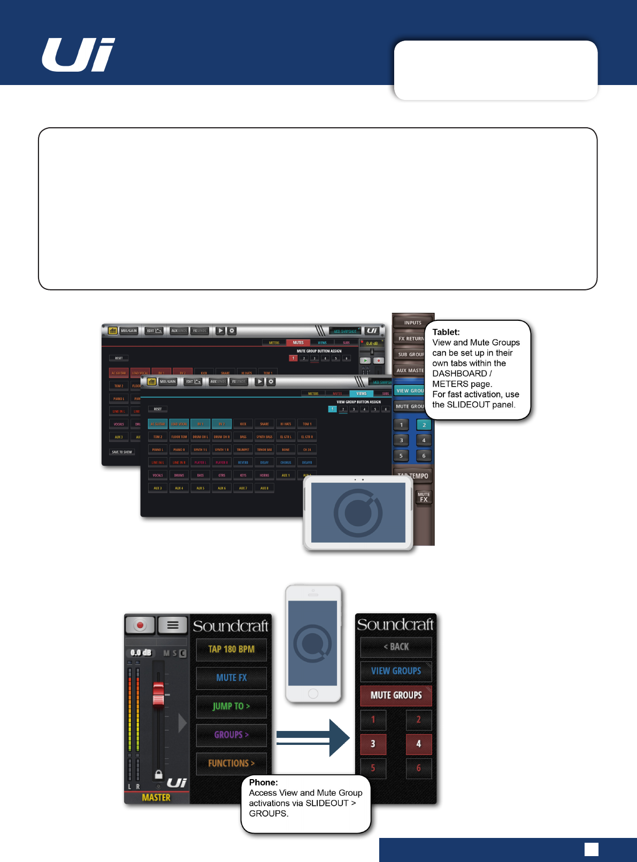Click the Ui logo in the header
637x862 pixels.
79,55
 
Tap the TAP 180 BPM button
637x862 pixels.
231,649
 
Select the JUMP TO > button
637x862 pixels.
231,706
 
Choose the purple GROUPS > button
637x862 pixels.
231,735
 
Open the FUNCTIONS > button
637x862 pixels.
231,763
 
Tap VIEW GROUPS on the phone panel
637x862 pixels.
396,671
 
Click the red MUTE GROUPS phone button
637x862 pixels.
396,695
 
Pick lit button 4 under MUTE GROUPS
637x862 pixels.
418,743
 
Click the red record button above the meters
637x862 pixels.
140,625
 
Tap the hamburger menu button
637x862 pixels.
172,625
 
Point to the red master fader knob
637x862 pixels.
158,694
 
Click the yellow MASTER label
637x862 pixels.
156,797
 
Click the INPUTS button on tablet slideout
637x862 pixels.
413,322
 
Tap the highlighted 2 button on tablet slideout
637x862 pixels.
424,425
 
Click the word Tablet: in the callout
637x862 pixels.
446,332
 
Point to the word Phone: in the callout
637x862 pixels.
263,782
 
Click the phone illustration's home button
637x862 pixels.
313,694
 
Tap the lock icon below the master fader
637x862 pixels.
158,774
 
